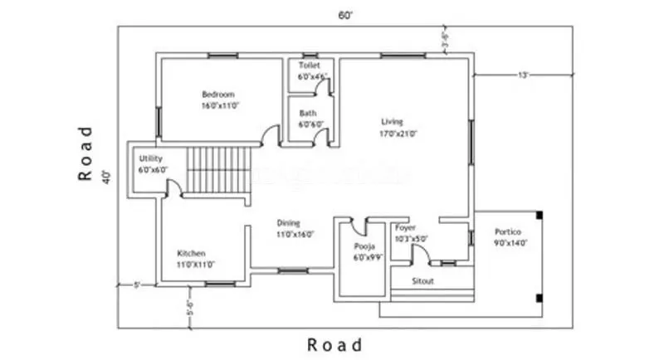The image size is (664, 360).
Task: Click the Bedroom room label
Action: click(x=218, y=94)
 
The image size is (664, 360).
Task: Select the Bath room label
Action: click(x=308, y=113)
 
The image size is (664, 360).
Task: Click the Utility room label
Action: click(x=151, y=158)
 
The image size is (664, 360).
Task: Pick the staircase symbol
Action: click(x=217, y=169)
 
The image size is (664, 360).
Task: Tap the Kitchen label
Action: click(x=192, y=253)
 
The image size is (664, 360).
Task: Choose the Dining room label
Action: click(x=288, y=222)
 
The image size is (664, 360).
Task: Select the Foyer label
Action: click(x=405, y=227)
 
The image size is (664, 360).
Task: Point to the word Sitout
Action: click(x=423, y=281)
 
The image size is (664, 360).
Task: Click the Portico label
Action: click(x=508, y=231)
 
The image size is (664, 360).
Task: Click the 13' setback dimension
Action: click(x=523, y=75)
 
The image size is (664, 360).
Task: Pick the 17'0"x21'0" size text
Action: click(x=398, y=133)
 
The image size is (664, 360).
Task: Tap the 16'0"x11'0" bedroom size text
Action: click(x=219, y=106)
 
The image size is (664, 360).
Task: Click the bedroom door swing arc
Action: click(x=270, y=133)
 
